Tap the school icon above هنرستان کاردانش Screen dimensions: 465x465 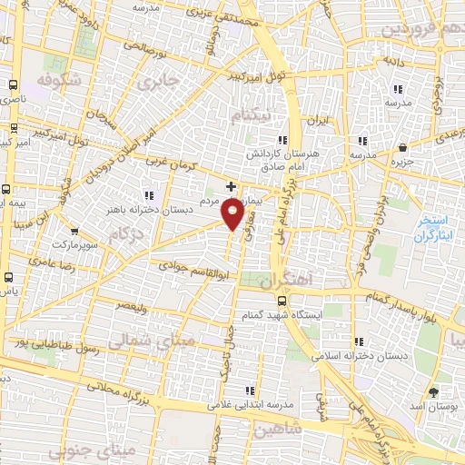point(283,140)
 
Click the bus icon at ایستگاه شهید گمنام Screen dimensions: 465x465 point(282,300)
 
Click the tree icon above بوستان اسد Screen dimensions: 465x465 point(432,391)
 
